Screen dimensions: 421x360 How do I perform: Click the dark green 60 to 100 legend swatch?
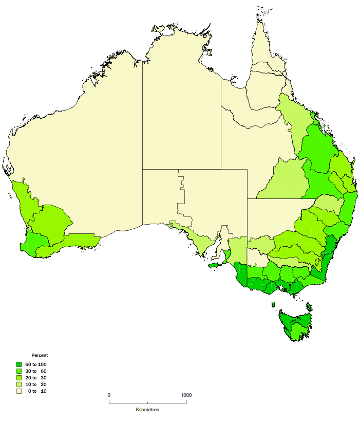click(19, 364)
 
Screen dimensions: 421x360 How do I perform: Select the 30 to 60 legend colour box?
click(19, 371)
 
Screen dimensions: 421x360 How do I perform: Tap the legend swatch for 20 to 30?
click(19, 378)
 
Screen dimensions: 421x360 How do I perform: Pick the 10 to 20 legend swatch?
click(19, 385)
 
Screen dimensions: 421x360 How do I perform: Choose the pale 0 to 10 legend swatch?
click(19, 391)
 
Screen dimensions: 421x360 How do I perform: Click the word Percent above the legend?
click(40, 355)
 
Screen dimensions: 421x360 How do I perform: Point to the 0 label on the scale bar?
click(109, 395)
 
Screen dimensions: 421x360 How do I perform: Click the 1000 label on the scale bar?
click(186, 395)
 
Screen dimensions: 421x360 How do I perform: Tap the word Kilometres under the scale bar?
click(147, 410)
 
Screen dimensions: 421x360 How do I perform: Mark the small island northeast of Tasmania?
click(309, 307)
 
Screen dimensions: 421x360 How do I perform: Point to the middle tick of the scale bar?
click(147, 402)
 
